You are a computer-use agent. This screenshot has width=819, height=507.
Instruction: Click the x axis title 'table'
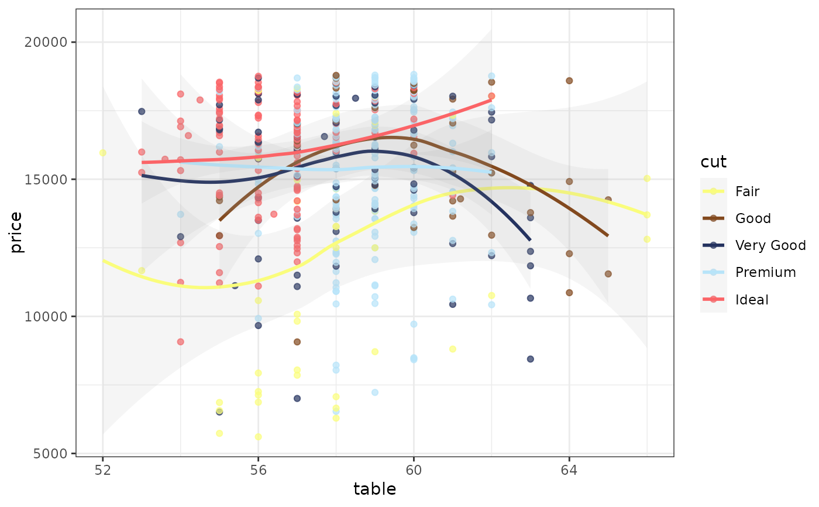pos(374,489)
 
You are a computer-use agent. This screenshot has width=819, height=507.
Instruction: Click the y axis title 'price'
pos(16,232)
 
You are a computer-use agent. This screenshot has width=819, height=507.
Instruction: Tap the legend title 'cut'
pos(713,162)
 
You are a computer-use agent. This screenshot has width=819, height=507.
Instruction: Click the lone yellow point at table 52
pos(102,153)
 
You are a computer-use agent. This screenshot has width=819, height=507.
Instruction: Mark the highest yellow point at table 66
pos(646,179)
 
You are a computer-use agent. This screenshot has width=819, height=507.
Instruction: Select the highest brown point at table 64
pos(569,81)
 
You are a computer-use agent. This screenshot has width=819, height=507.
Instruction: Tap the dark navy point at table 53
pos(142,111)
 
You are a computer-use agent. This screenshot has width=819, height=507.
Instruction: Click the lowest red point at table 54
pos(180,342)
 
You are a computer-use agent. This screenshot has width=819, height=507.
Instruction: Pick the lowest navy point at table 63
pos(530,359)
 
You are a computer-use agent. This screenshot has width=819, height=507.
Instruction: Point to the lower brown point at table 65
pos(608,274)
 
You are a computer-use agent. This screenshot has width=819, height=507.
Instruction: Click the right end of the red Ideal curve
pos(491,100)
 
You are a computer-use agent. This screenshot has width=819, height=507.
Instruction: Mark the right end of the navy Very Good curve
pos(530,240)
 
